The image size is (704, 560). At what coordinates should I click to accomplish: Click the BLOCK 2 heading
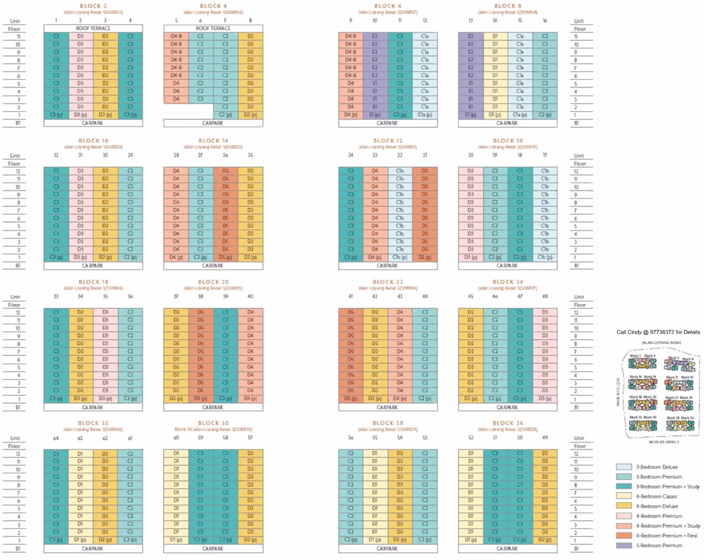coord(93,6)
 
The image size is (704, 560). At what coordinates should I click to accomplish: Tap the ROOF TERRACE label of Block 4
coord(213,28)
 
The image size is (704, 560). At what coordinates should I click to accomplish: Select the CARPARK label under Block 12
coord(387,265)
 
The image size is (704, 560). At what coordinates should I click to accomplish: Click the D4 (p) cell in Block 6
coord(351,115)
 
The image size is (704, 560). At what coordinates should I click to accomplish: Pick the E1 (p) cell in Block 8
coord(471,115)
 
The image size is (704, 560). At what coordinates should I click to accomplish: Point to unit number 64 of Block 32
coord(56,438)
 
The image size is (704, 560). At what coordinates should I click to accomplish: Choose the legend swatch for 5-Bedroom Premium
coord(624,545)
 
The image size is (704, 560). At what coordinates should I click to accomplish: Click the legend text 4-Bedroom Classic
coord(657,496)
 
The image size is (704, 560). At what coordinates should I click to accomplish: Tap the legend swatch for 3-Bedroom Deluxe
coord(624,467)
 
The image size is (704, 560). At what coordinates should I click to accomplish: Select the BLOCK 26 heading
coord(507,423)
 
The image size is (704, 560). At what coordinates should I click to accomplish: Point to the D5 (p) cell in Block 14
coord(225,257)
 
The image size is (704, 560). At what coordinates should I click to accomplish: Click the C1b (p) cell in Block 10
coord(545,257)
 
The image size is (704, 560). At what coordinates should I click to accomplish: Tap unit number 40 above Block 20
coord(250,296)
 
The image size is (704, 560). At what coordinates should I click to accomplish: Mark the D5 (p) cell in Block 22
coord(351,398)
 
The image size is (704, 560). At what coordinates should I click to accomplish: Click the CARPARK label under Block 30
coord(213,548)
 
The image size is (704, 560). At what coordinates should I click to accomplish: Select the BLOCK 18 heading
coord(93,282)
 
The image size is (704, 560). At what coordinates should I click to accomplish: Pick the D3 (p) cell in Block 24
coord(545,398)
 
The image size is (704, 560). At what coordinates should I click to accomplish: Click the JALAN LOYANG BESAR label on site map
coord(661,342)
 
